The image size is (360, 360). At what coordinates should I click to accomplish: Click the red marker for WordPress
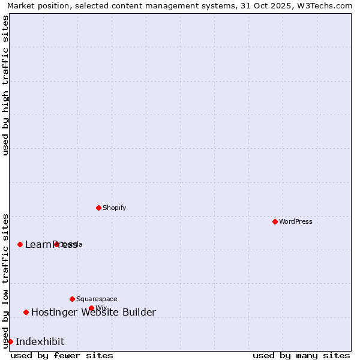(x=275, y=221)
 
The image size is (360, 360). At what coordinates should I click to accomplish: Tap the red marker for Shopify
(x=98, y=208)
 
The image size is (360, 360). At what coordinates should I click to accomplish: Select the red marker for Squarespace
(x=72, y=299)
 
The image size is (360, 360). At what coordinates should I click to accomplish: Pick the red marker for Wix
(x=91, y=308)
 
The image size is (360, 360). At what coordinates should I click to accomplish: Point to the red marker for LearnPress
(x=20, y=244)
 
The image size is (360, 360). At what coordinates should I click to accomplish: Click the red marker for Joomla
(x=56, y=244)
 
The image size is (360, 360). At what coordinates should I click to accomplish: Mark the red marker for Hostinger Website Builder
(x=26, y=312)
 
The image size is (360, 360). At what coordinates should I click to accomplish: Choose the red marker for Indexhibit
(x=10, y=341)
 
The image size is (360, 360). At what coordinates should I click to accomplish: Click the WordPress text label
(x=296, y=221)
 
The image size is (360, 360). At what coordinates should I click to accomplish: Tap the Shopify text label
(x=114, y=208)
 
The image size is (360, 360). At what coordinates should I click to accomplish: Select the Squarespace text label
(x=97, y=299)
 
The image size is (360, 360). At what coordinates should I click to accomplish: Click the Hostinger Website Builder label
(x=93, y=312)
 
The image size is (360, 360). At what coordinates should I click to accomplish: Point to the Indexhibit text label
(x=40, y=341)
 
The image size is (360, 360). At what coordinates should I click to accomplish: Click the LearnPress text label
(x=51, y=244)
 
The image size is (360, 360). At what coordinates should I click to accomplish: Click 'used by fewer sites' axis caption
(x=62, y=355)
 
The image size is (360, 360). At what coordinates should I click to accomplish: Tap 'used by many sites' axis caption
(x=301, y=355)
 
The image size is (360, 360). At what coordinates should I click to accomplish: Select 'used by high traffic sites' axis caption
(x=6, y=85)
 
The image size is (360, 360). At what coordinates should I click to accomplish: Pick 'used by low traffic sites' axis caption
(x=6, y=280)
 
